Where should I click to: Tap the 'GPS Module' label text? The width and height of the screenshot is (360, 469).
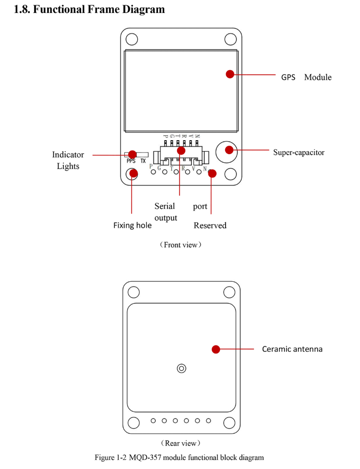tap(306, 77)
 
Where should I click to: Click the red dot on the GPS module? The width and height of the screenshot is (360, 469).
tap(230, 74)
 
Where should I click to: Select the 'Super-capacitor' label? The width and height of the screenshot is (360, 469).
tap(299, 153)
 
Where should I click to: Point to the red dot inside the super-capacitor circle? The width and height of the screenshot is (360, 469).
tap(229, 150)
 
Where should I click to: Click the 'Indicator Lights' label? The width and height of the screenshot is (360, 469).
tap(68, 160)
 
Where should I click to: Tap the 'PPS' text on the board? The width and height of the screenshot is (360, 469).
tap(131, 161)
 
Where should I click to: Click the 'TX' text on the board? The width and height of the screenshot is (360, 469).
tap(143, 161)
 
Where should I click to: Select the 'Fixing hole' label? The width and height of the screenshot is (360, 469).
tap(132, 225)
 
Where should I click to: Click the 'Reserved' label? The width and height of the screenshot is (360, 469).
tap(210, 226)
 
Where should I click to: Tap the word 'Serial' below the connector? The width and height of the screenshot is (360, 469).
tap(165, 206)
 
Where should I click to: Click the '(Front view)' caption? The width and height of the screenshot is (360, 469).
tap(180, 245)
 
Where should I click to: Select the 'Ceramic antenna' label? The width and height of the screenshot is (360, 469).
tap(292, 349)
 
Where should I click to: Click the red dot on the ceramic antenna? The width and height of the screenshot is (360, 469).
tap(216, 349)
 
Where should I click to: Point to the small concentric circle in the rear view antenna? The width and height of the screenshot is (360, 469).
tap(181, 369)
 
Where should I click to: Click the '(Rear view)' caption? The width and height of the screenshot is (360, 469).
tap(180, 443)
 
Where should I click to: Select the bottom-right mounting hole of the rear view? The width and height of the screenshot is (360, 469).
tap(229, 422)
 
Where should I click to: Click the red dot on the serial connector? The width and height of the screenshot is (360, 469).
tap(181, 151)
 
